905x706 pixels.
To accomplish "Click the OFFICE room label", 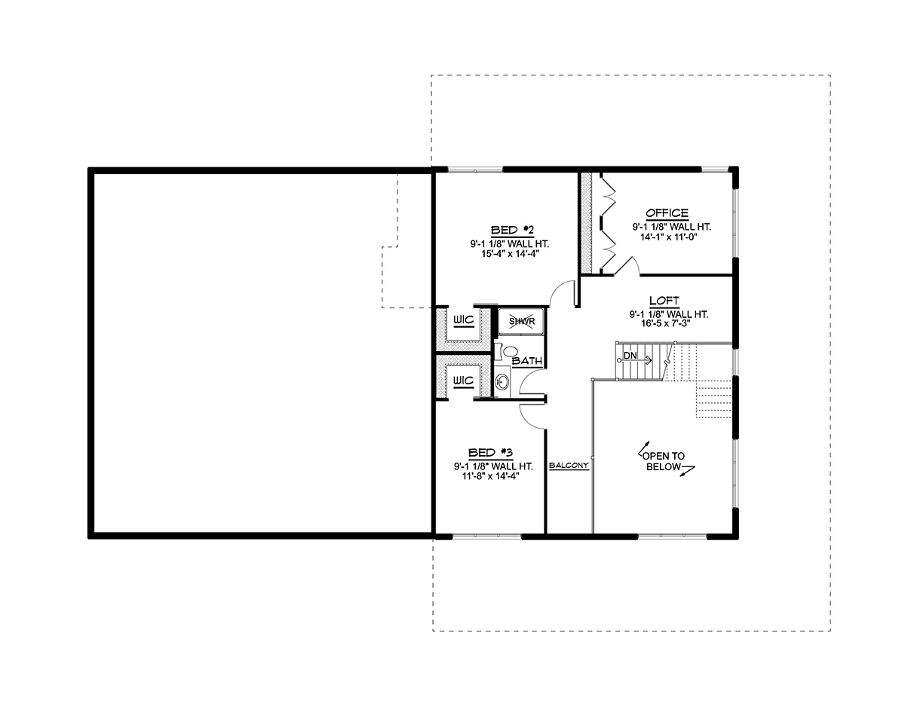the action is (x=667, y=213).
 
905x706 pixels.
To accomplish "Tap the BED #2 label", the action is (x=512, y=230).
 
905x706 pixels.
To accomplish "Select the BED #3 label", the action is (x=490, y=453).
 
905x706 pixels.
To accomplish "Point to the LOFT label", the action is (x=664, y=301).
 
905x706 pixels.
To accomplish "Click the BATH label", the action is (x=527, y=361).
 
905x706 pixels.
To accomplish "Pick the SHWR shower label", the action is (x=522, y=322).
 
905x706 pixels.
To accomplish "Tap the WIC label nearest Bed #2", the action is (x=464, y=320).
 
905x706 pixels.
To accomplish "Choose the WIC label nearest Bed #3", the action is (x=464, y=381).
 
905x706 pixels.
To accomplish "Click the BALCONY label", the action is (x=569, y=466).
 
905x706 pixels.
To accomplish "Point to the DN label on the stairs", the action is (x=630, y=356).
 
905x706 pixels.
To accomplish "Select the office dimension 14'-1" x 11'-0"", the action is (x=669, y=237).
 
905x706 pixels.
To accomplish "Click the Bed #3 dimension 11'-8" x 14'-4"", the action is (x=491, y=476).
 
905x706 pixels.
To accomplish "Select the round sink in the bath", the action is (x=503, y=381).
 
